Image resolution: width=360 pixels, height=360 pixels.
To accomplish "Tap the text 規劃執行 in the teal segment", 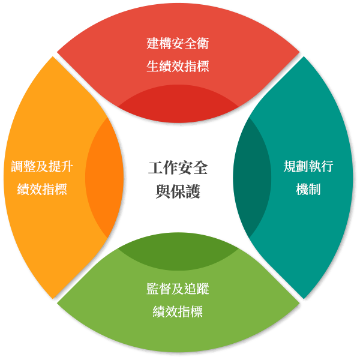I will point(308,167).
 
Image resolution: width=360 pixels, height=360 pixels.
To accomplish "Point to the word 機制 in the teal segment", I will point(308,190).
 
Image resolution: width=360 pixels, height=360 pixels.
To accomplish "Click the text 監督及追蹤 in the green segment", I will point(178,289).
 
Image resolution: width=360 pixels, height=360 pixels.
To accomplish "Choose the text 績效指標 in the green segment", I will point(178,311).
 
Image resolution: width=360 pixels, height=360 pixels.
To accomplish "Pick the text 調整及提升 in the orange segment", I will point(43,167).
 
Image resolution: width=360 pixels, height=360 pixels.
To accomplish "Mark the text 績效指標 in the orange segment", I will point(43,190).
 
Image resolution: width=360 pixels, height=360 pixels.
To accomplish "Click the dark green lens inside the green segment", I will point(178,252).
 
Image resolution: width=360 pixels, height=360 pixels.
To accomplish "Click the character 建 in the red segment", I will point(153,43).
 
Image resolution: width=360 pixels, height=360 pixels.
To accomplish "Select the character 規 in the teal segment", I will point(290,167).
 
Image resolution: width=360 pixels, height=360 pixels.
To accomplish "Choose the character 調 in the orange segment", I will point(18,167).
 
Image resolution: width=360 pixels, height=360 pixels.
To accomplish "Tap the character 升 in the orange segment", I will point(67,167).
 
